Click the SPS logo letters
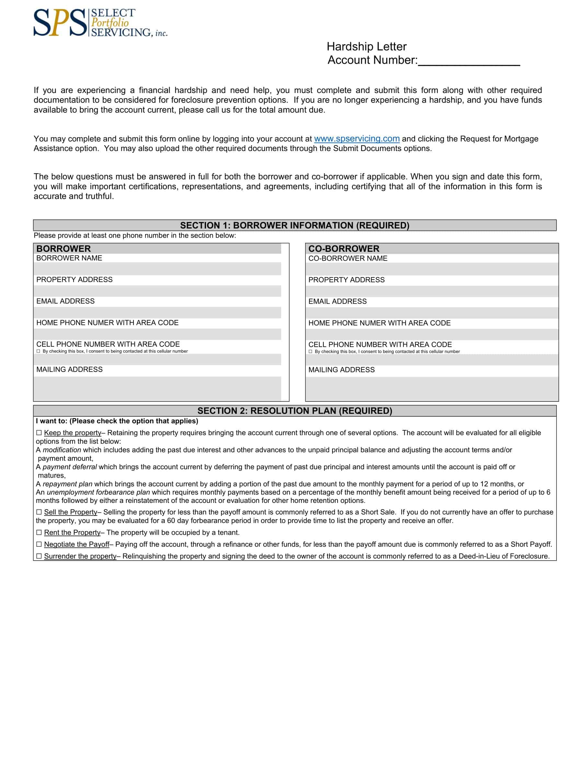coord(60,23)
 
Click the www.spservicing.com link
coord(357,139)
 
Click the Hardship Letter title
coord(366,46)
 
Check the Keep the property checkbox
coord(39,433)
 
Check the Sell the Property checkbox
coord(39,512)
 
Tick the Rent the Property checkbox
coord(39,532)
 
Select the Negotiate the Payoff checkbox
coord(39,544)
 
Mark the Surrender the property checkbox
coord(39,556)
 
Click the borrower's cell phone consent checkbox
coord(39,351)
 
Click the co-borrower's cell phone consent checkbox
coord(310,352)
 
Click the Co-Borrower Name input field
coord(431,269)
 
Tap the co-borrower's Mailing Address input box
coord(431,389)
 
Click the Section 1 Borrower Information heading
coord(294,225)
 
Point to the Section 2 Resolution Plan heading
coord(294,411)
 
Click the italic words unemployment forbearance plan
coord(98,492)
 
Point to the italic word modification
coord(62,450)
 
